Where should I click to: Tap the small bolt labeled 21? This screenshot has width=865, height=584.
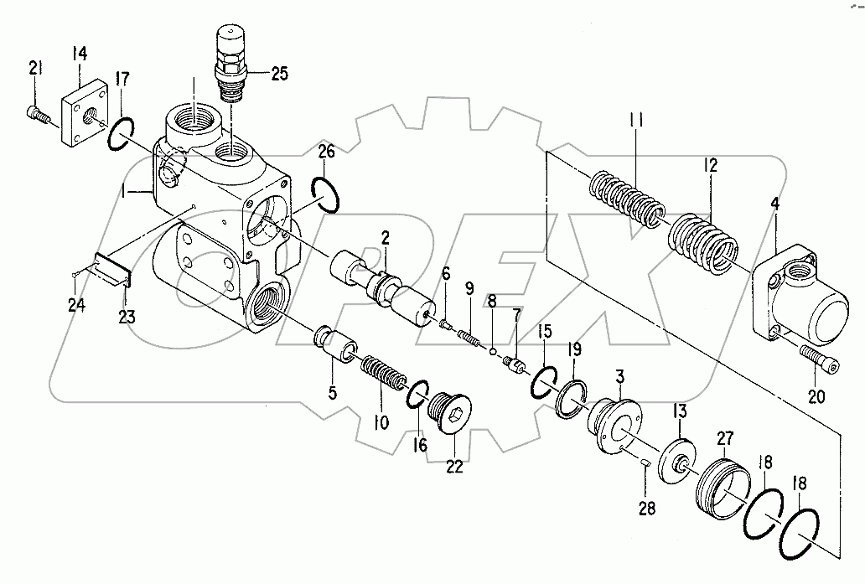[x=34, y=112]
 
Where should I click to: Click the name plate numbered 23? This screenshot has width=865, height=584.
[x=111, y=268]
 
